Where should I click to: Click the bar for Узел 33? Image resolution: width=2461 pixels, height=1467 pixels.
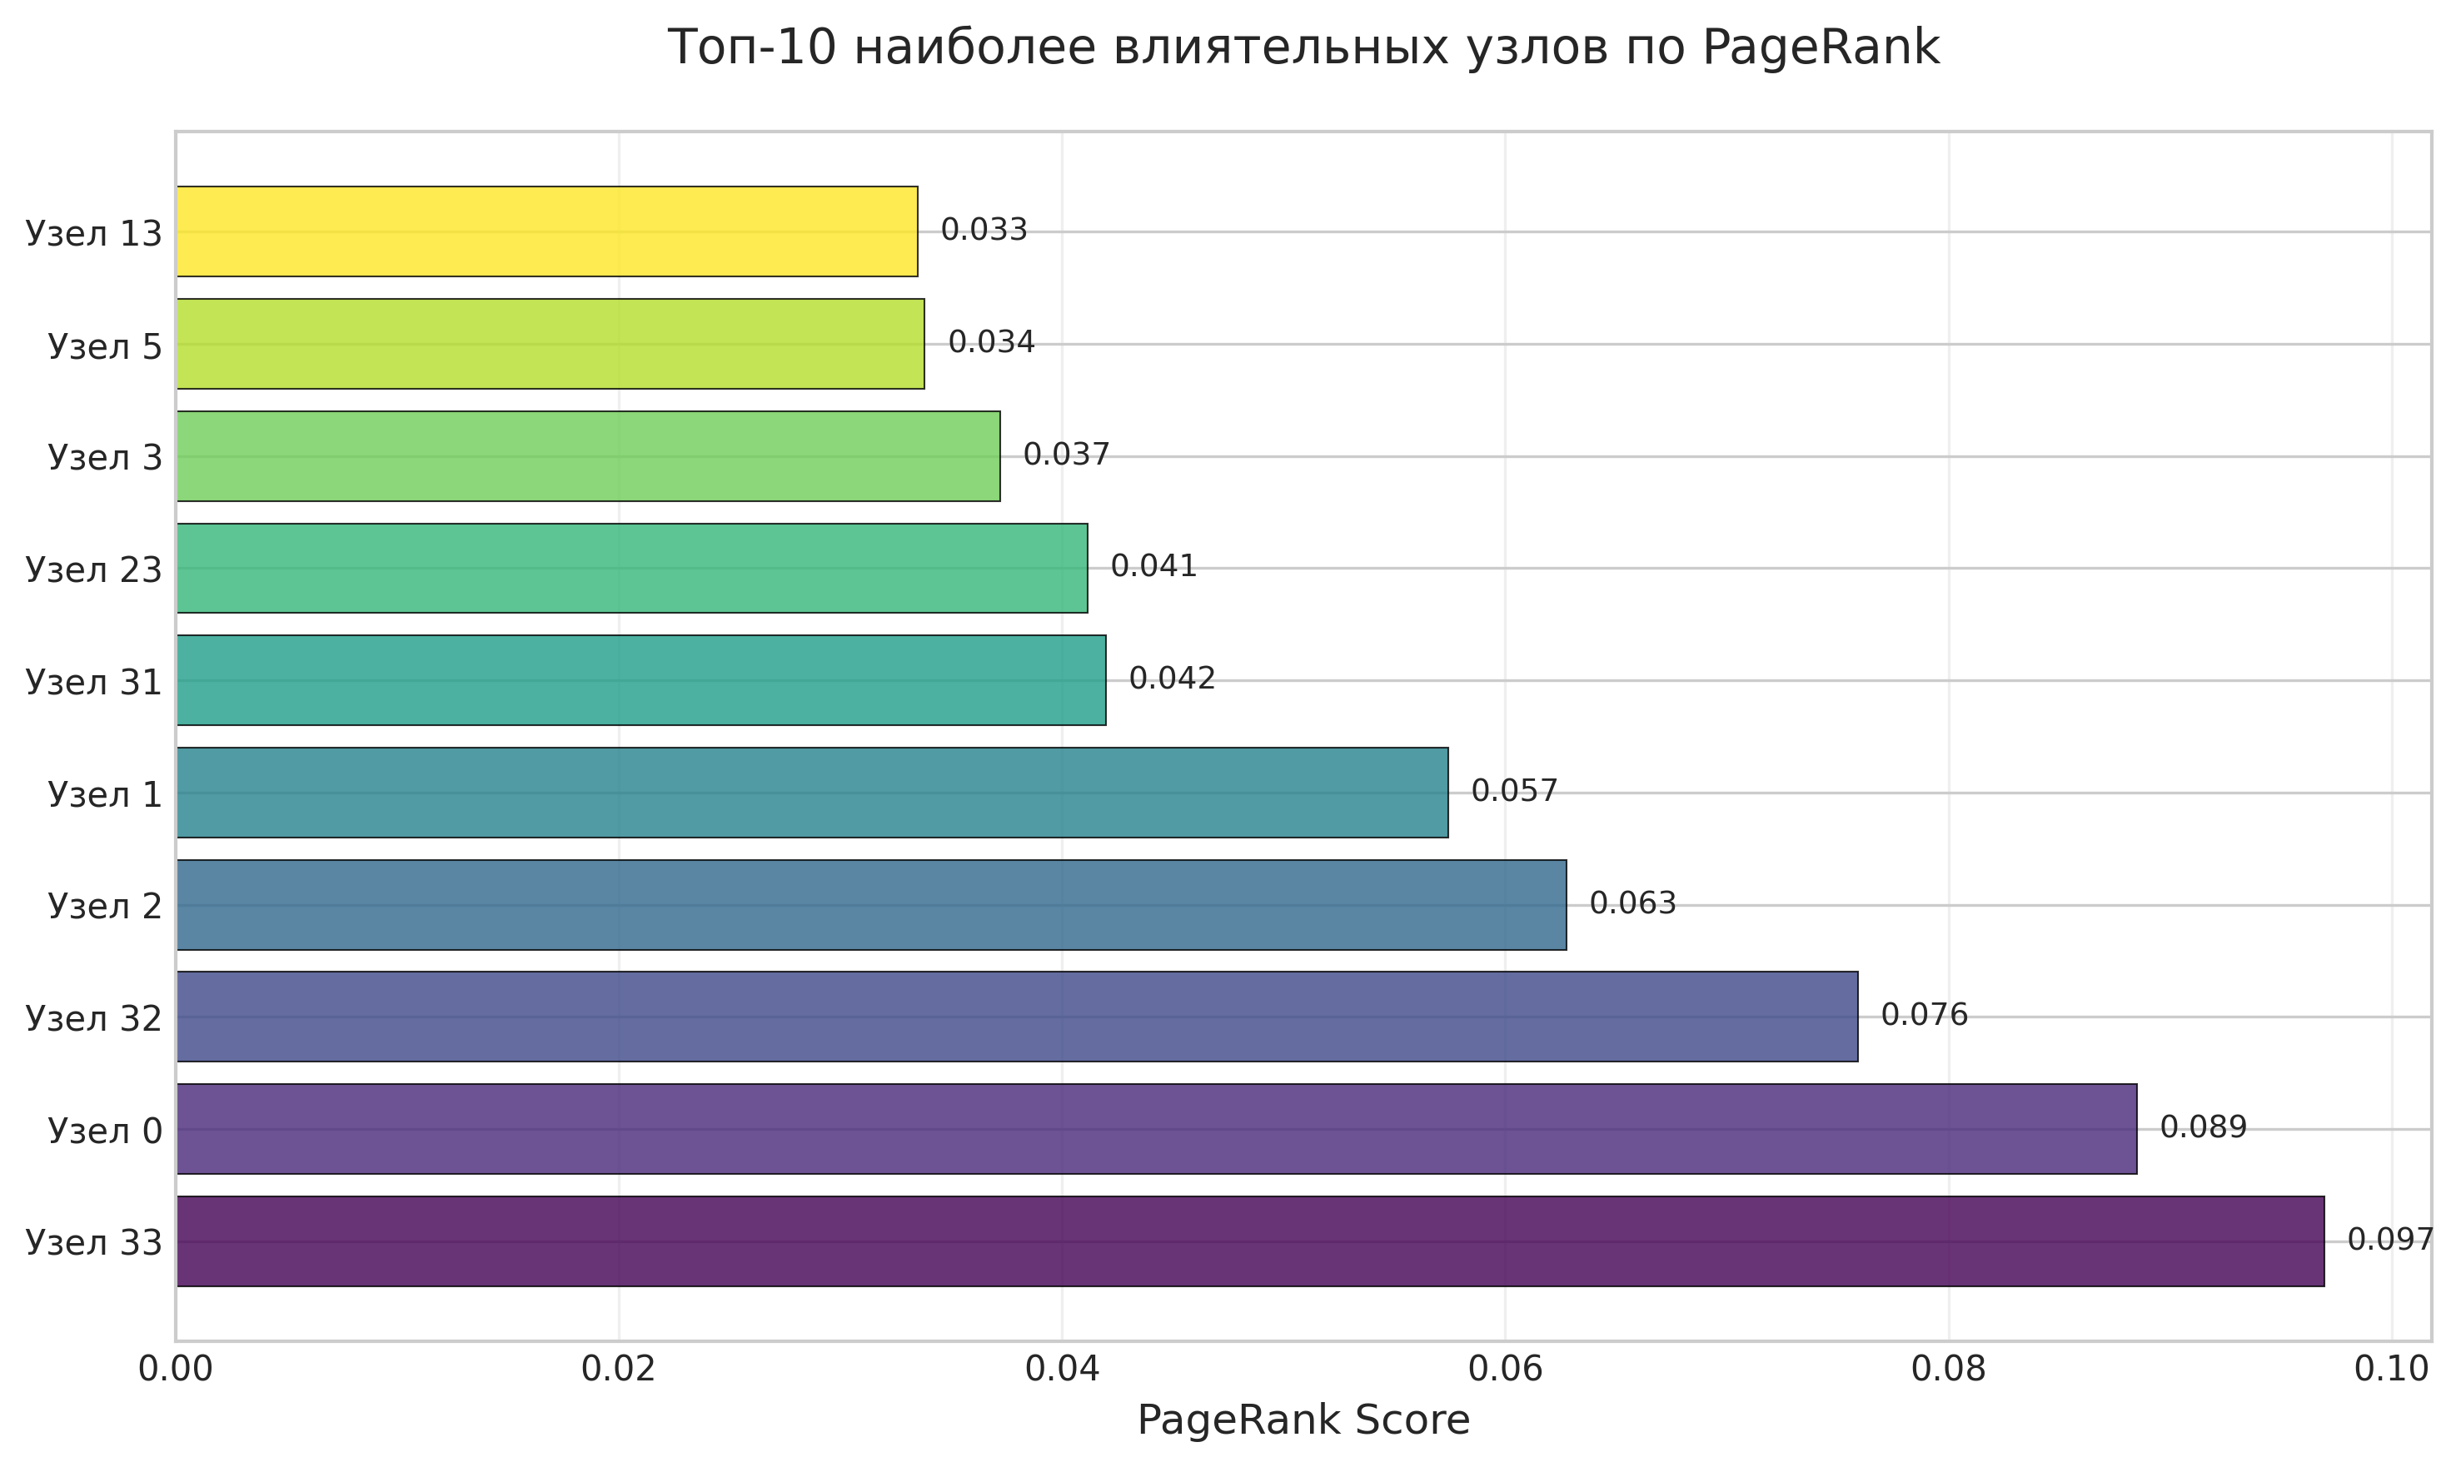(1250, 1241)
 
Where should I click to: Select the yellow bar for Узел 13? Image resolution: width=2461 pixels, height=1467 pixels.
(547, 231)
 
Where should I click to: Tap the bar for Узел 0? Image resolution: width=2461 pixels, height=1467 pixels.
(1156, 1129)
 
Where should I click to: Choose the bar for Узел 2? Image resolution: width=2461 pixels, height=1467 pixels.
(871, 904)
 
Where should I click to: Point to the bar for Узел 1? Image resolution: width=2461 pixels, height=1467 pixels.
(812, 793)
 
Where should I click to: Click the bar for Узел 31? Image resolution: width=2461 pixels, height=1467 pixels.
(640, 680)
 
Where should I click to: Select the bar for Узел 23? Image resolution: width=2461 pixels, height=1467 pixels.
(632, 569)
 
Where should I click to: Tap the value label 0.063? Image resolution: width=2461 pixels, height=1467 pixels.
(1632, 903)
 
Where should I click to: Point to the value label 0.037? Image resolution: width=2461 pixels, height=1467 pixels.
(1066, 455)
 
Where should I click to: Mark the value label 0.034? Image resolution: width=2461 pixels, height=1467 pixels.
(991, 342)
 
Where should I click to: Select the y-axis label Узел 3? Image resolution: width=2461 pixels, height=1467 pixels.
(105, 457)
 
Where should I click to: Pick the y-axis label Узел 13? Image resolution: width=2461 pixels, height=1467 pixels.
(94, 233)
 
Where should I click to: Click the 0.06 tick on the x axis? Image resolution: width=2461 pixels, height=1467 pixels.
(1505, 1369)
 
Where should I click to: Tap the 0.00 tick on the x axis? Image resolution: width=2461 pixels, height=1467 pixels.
(176, 1369)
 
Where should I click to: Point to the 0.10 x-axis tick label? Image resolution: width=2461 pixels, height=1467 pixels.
(2391, 1369)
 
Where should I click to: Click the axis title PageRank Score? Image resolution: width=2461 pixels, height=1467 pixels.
(1303, 1421)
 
